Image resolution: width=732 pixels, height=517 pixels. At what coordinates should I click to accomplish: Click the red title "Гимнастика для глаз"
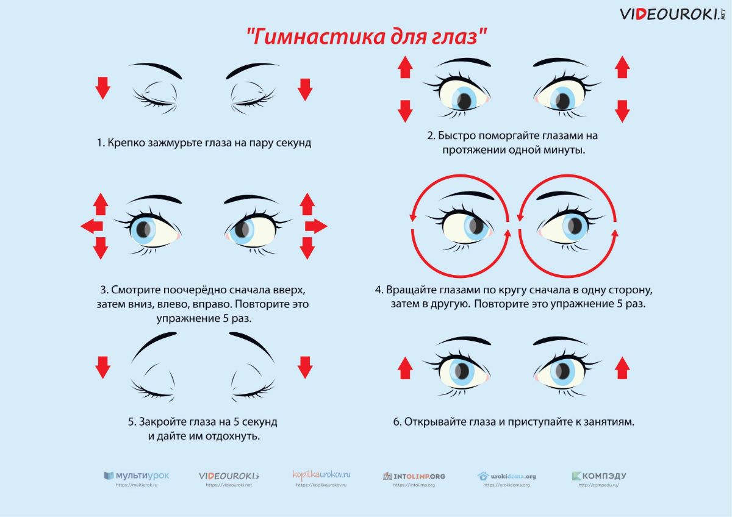[x=367, y=36]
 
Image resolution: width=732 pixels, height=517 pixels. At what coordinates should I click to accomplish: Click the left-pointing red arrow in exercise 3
[x=92, y=226]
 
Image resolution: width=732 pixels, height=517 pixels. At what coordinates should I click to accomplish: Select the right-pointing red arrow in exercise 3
[x=316, y=226]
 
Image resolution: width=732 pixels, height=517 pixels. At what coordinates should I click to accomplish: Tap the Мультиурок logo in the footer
[x=137, y=476]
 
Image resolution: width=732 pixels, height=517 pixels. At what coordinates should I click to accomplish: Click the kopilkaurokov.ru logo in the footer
[x=321, y=474]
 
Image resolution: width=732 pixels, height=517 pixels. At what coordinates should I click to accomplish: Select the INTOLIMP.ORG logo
[x=414, y=476]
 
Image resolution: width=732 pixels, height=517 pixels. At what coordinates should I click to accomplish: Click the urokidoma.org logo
[x=506, y=476]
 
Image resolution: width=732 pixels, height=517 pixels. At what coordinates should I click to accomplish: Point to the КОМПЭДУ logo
[x=599, y=476]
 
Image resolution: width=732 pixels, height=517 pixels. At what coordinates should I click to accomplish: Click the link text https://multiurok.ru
[x=137, y=485]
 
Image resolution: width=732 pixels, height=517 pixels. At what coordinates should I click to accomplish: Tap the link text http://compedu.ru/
[x=598, y=485]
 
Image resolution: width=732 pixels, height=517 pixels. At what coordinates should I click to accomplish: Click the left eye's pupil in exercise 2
[x=464, y=101]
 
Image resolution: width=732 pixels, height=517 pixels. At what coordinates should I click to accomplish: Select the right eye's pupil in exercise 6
[x=562, y=371]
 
